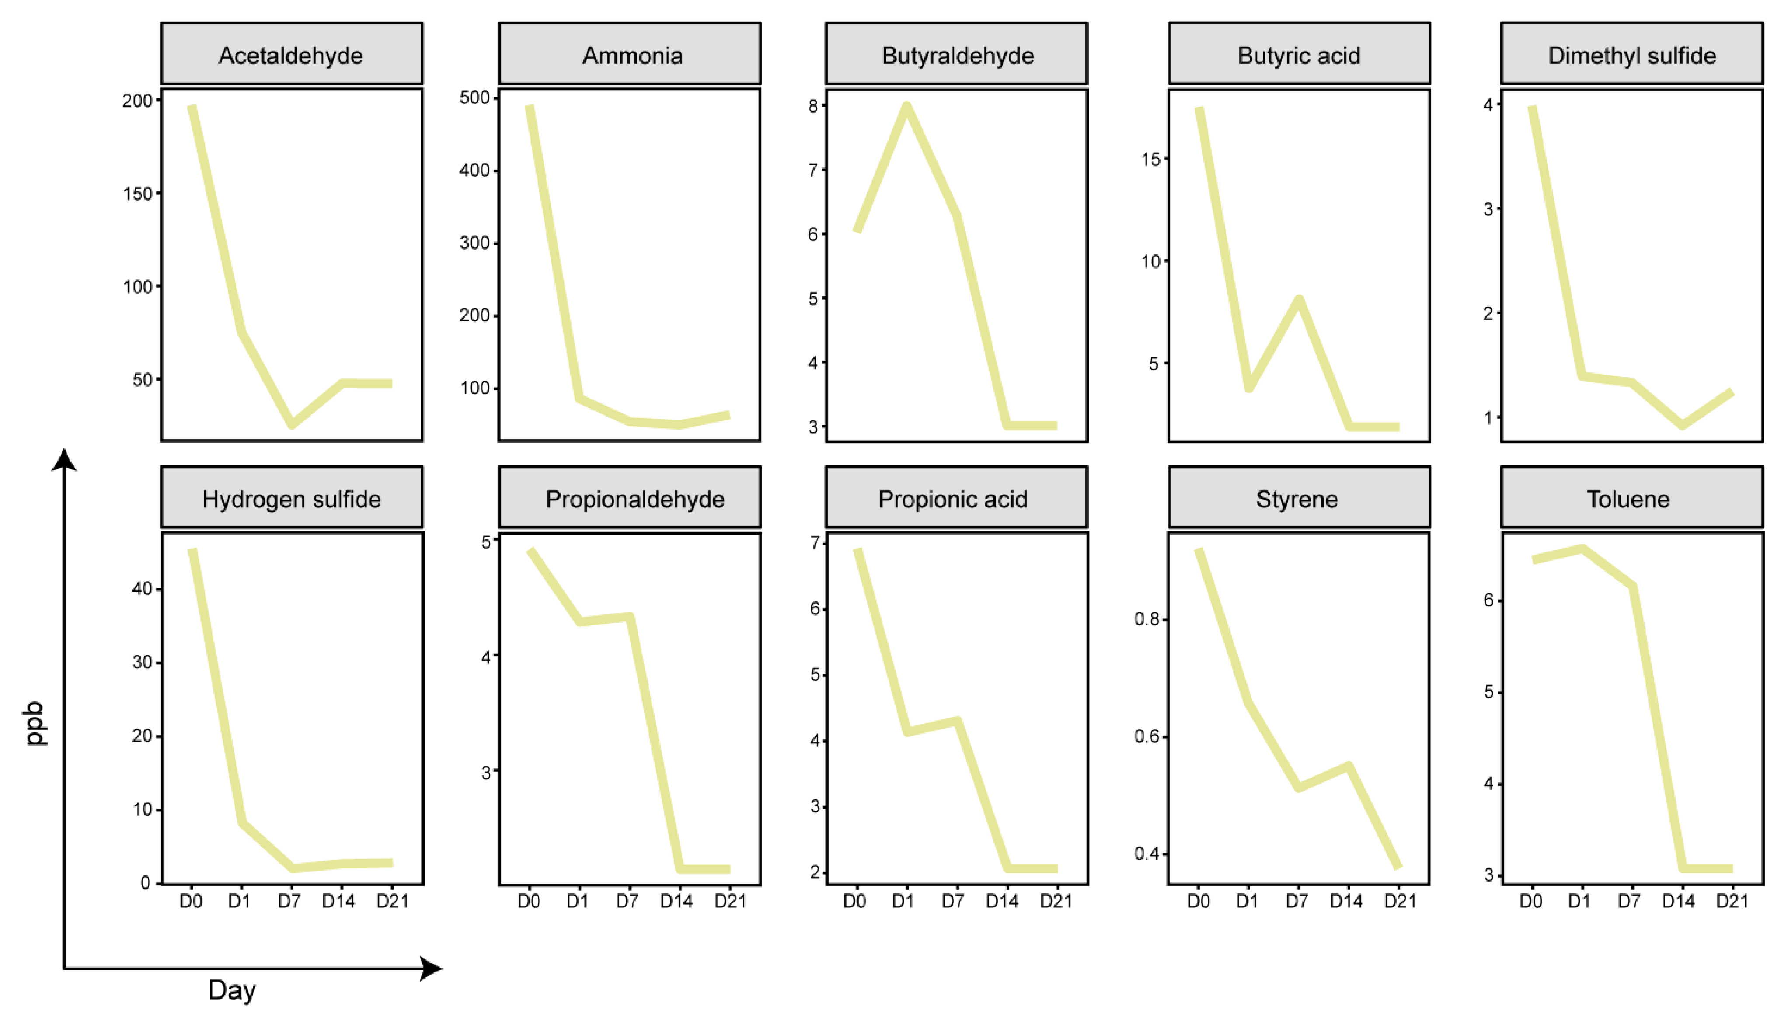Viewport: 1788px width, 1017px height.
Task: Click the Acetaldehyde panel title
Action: [x=291, y=55]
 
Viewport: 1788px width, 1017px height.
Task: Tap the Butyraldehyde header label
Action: [x=957, y=55]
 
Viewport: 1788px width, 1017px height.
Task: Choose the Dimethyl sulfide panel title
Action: [x=1631, y=55]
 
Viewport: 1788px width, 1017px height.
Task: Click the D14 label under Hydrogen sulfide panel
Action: [x=338, y=901]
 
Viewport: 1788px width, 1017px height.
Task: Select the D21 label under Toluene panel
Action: [x=1732, y=901]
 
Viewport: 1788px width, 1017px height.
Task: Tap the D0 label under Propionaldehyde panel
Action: [x=529, y=901]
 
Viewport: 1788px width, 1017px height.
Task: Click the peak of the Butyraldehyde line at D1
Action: [x=906, y=106]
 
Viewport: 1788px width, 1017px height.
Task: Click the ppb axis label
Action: [x=35, y=723]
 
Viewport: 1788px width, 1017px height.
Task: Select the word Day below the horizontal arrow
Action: [x=232, y=990]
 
